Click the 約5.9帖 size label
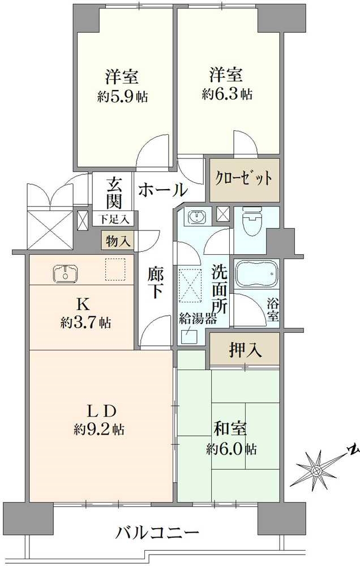coord(122,97)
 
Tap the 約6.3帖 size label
coord(228,94)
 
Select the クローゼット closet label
coord(244,179)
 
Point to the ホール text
coord(162,189)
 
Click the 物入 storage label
coord(118,241)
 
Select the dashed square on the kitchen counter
coord(114,269)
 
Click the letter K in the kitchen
coord(82,304)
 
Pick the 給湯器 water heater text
coord(199,319)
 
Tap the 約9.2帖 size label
coord(99,429)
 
